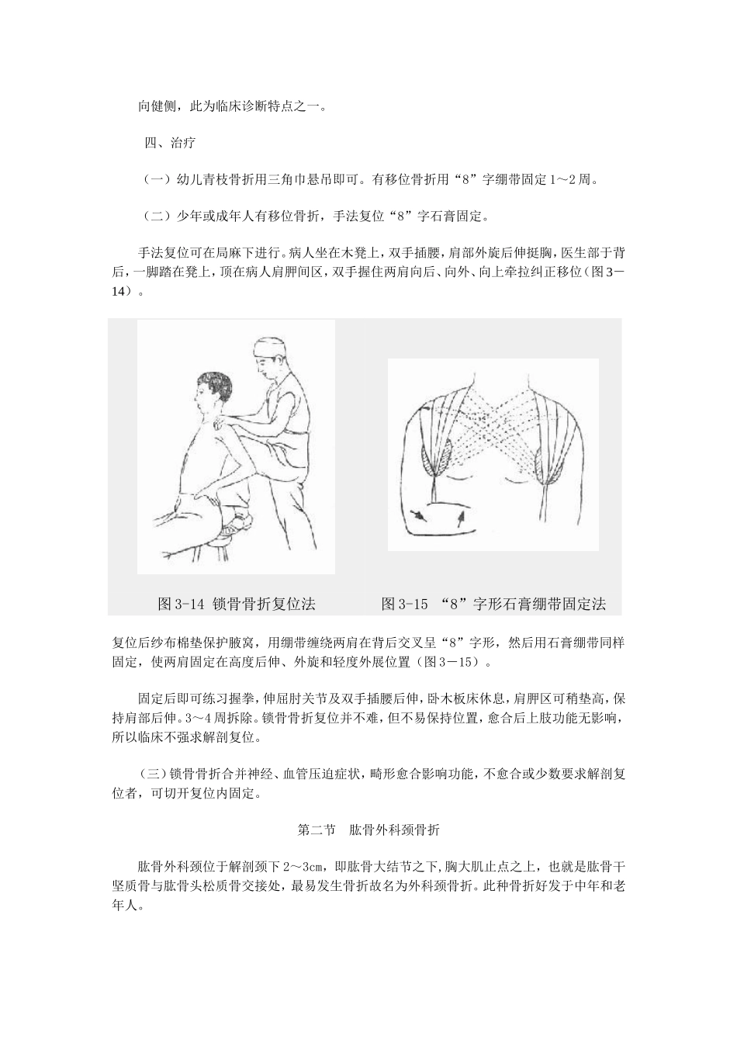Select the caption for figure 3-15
click(x=493, y=603)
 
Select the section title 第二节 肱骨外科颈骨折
click(x=368, y=830)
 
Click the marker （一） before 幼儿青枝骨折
click(x=156, y=179)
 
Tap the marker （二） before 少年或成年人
click(x=156, y=216)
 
